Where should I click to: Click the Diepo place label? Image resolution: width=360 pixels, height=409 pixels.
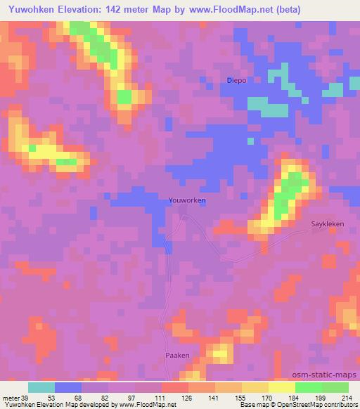(236, 81)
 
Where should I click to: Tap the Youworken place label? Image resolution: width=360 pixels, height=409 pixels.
(187, 200)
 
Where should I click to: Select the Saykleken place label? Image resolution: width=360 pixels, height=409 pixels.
(327, 225)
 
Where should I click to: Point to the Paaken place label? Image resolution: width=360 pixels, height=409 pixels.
(177, 356)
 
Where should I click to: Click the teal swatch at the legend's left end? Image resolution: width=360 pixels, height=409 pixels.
(41, 387)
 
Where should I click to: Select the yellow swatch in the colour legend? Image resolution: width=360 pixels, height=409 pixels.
(281, 387)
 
